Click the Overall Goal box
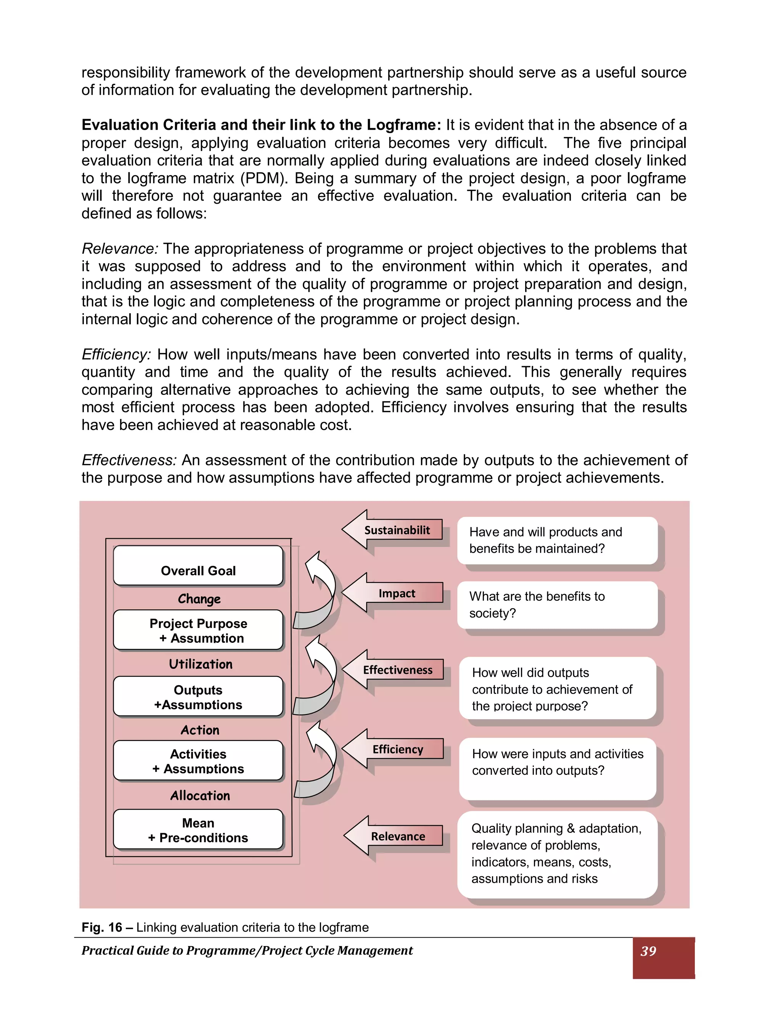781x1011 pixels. click(x=198, y=566)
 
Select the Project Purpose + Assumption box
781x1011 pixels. click(x=198, y=630)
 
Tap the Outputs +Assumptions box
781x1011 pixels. click(x=198, y=697)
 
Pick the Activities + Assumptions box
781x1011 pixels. click(x=198, y=761)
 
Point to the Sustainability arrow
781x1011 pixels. click(x=393, y=530)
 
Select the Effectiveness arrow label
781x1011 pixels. click(x=397, y=670)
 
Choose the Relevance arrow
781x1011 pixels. click(x=395, y=836)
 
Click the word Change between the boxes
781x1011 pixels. click(x=199, y=599)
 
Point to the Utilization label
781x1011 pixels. click(x=200, y=664)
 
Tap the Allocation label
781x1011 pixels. click(x=200, y=795)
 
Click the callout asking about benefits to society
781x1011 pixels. click(x=557, y=605)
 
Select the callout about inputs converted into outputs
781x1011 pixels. click(x=557, y=768)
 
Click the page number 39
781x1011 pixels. click(x=648, y=951)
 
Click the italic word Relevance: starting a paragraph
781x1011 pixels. click(x=120, y=249)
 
